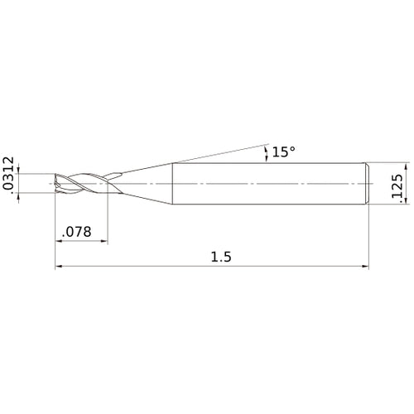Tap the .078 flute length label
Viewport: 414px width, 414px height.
pyautogui.click(x=77, y=232)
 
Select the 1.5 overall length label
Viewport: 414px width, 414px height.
pyautogui.click(x=221, y=257)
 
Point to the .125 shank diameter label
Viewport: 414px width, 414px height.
pyautogui.click(x=397, y=185)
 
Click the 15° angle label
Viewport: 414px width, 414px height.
pyautogui.click(x=284, y=152)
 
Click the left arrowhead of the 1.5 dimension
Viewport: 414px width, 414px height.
pyautogui.click(x=59, y=267)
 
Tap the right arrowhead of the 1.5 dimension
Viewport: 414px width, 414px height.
pyautogui.click(x=365, y=267)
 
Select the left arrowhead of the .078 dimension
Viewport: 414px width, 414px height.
pyautogui.click(x=59, y=241)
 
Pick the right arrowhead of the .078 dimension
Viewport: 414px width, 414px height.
pyautogui.click(x=104, y=241)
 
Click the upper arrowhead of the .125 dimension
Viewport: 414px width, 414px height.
pyautogui.click(x=406, y=166)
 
